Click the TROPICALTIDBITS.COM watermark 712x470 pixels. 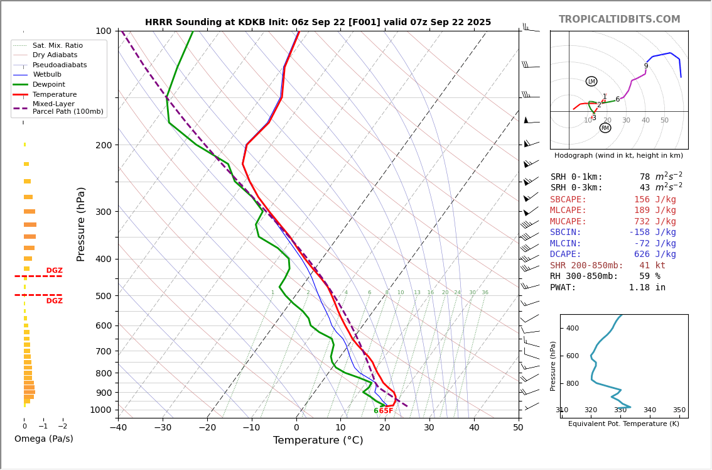coord(619,19)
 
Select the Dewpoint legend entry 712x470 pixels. coord(49,84)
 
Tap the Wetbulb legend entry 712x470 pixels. coord(47,75)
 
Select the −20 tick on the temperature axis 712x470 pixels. coord(207,428)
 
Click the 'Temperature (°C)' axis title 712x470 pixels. coord(318,440)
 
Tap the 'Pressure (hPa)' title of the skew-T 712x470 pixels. coord(81,224)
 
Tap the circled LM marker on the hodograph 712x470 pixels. coord(591,81)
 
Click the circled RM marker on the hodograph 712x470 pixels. coord(605,128)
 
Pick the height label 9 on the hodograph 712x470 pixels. coord(645,66)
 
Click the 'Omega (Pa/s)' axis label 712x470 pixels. coord(44,439)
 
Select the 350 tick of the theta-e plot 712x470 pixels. coord(679,410)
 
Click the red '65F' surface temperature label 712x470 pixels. coord(386,411)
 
